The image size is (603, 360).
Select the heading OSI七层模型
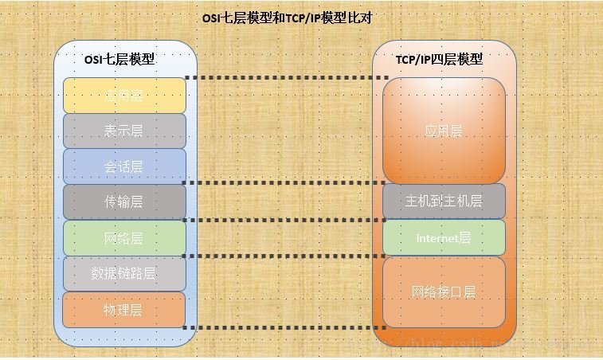[x=119, y=60]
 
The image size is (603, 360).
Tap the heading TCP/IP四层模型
[x=439, y=60]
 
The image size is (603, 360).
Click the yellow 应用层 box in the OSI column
[x=123, y=96]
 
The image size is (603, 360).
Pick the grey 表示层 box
[x=123, y=131]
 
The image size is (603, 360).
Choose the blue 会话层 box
[x=123, y=166]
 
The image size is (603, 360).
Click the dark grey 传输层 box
[x=123, y=202]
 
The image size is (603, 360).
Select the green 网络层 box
[x=123, y=238]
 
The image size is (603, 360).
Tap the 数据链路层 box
[x=123, y=274]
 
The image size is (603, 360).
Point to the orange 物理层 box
[x=123, y=310]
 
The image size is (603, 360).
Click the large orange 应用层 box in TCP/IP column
[x=444, y=131]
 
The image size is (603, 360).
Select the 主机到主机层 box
[x=444, y=201]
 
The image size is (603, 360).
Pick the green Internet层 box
[x=444, y=237]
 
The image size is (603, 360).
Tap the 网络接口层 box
[x=444, y=292]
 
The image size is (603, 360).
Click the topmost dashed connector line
[x=284, y=78]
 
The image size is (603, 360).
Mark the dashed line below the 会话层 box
[x=284, y=183]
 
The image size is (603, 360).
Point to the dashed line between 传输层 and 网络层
[x=284, y=220]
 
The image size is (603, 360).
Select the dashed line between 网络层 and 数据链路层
[x=284, y=256]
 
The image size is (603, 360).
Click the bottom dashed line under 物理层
[x=284, y=327]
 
